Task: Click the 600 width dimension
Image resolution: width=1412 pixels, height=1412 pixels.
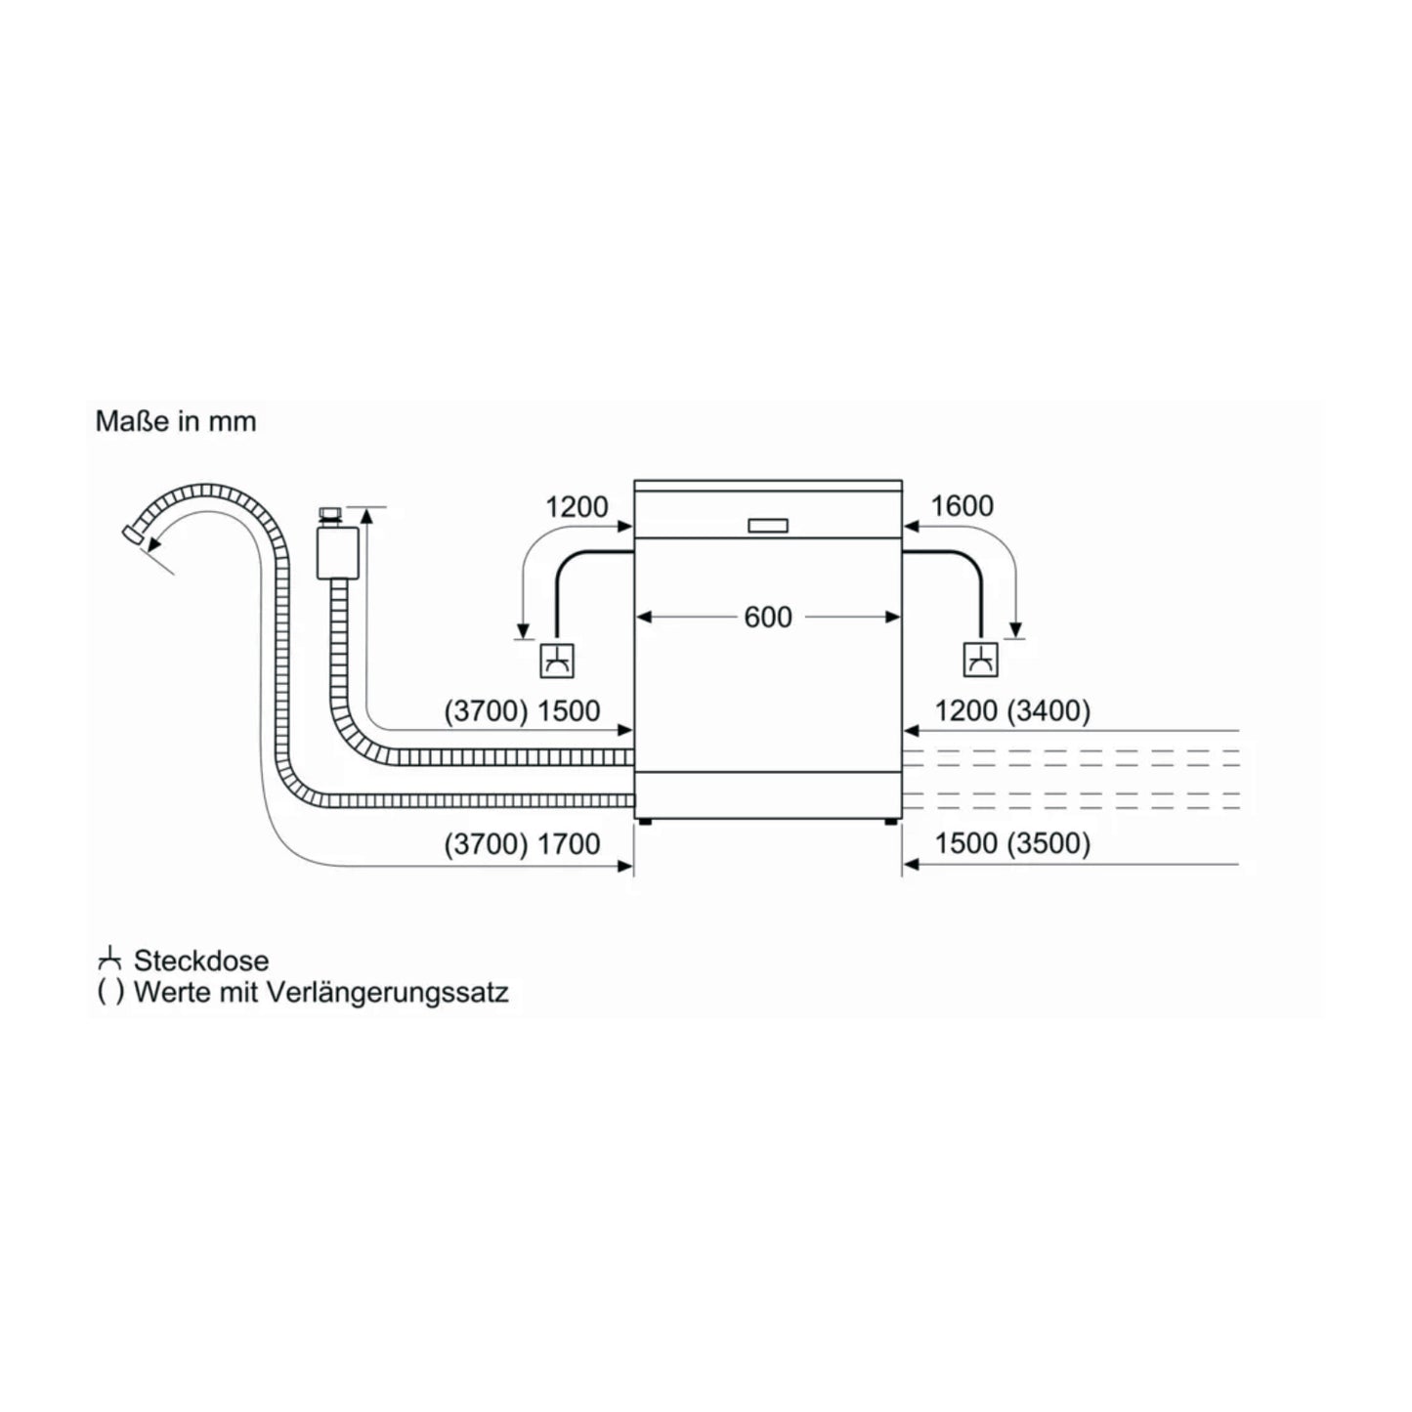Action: coord(768,617)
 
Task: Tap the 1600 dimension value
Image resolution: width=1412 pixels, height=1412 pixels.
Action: coord(963,506)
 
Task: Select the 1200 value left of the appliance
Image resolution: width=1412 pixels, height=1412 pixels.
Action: coord(577,507)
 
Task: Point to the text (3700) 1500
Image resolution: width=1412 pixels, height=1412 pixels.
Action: coord(523,710)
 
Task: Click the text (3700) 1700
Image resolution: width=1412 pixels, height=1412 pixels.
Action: coord(523,844)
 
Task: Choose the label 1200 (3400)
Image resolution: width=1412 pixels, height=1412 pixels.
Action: coord(1012,710)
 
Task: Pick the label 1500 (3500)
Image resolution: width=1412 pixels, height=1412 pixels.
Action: coord(1012,843)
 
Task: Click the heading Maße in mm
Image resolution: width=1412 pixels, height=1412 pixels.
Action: coord(176,422)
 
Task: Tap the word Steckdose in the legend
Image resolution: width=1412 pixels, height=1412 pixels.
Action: coord(201,961)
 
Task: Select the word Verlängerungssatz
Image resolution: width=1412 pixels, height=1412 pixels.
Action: coord(387,993)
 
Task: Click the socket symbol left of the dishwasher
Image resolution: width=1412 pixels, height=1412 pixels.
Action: coord(557,661)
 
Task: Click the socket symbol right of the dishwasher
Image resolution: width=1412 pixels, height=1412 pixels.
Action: coord(980,661)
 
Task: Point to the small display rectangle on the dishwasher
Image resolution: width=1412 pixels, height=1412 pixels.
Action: coord(769,526)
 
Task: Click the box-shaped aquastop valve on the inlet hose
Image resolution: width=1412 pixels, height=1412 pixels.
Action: coord(337,553)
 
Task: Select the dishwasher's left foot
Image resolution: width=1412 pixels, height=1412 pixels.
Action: coord(644,822)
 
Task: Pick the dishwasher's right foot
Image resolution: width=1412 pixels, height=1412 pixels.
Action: coord(889,822)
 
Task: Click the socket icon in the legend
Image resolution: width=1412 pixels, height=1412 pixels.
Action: coord(109,961)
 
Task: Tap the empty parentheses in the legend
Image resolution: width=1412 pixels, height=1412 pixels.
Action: coord(109,994)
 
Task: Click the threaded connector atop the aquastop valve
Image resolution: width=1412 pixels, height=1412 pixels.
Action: coord(330,516)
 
